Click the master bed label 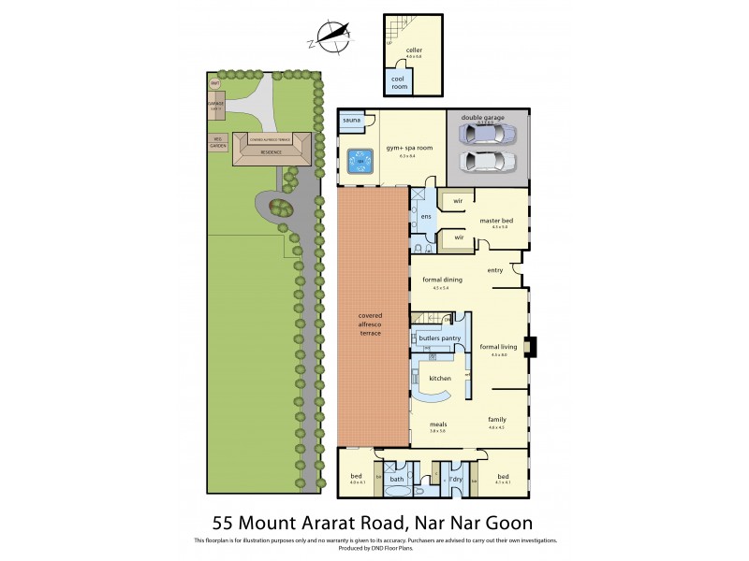pos(493,221)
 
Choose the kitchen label pos(440,378)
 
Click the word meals pos(436,424)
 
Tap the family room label pos(496,420)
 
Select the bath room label pos(398,480)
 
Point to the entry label pos(495,270)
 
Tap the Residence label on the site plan pos(275,151)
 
